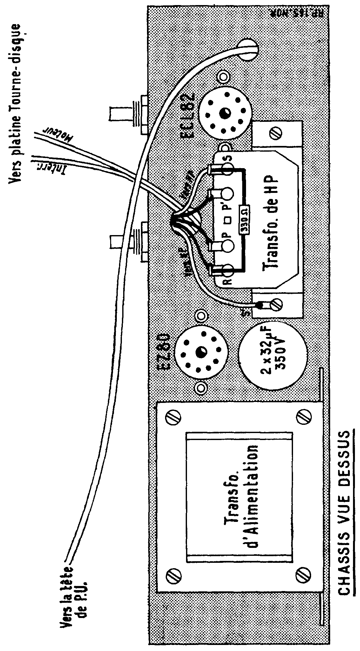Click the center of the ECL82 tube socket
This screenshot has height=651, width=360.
225,113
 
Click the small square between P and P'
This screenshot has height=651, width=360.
228,219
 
